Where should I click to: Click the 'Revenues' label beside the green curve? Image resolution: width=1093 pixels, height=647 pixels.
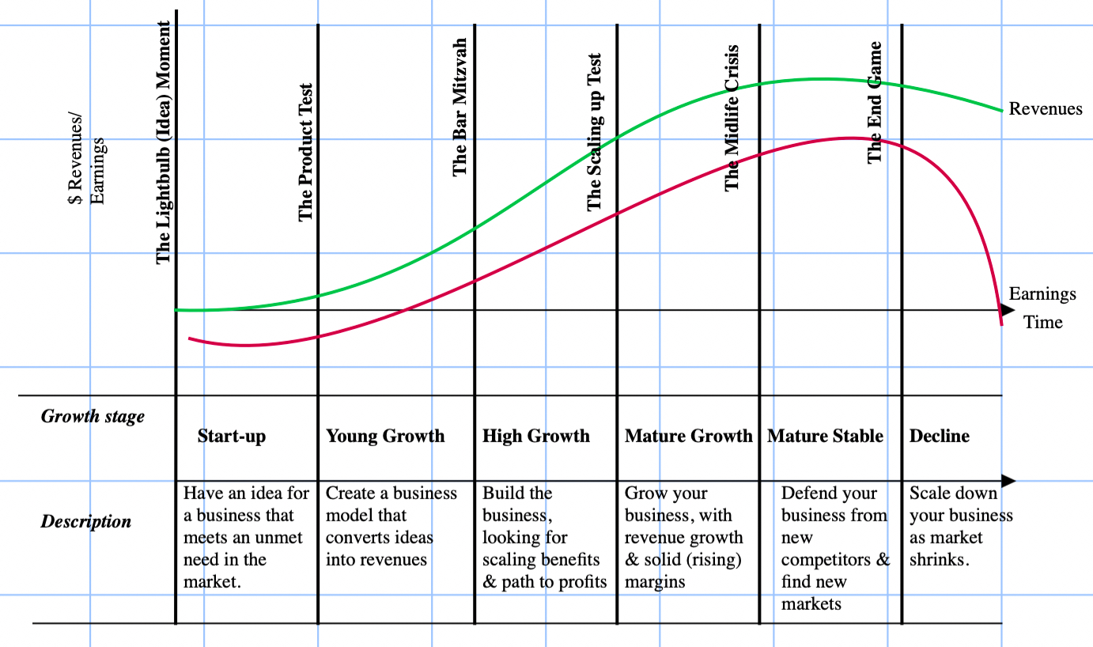[x=1046, y=109]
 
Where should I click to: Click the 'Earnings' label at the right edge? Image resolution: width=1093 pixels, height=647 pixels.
[x=1042, y=294]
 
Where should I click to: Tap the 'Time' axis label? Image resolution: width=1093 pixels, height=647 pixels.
[x=1043, y=322]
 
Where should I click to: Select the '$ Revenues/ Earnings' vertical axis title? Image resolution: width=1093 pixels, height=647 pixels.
[x=86, y=171]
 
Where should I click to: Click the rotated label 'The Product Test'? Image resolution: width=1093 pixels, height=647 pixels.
[x=306, y=153]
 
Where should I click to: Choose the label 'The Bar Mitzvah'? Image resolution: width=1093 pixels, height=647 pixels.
[x=460, y=107]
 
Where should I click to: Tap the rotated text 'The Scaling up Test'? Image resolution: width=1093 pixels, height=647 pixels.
[x=595, y=132]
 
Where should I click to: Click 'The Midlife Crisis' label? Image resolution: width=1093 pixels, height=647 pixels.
[x=732, y=118]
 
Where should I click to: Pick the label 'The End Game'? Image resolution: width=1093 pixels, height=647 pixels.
[x=875, y=102]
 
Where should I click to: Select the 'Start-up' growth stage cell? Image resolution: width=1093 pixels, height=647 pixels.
[x=232, y=437]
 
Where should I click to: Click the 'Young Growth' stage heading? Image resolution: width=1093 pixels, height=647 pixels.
[x=385, y=436]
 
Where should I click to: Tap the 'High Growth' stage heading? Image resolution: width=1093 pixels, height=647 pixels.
[x=536, y=436]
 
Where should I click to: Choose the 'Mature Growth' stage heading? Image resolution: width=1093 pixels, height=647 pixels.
[x=688, y=436]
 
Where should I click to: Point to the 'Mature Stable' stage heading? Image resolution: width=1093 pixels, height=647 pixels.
[x=825, y=436]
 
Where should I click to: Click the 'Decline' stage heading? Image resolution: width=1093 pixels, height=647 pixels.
[x=939, y=436]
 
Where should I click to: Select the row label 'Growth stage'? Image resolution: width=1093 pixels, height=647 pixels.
[x=93, y=416]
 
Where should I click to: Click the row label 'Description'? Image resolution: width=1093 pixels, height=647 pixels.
[x=86, y=521]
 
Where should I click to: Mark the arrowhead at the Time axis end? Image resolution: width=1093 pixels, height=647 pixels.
[x=1008, y=310]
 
